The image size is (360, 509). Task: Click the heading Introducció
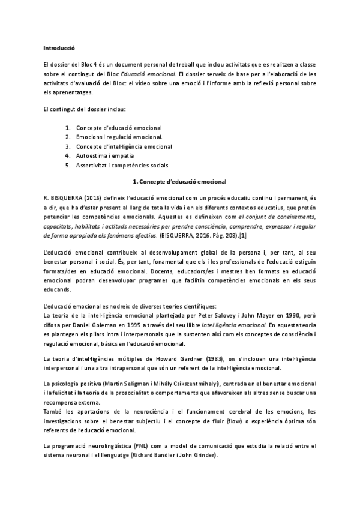tap(59, 47)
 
